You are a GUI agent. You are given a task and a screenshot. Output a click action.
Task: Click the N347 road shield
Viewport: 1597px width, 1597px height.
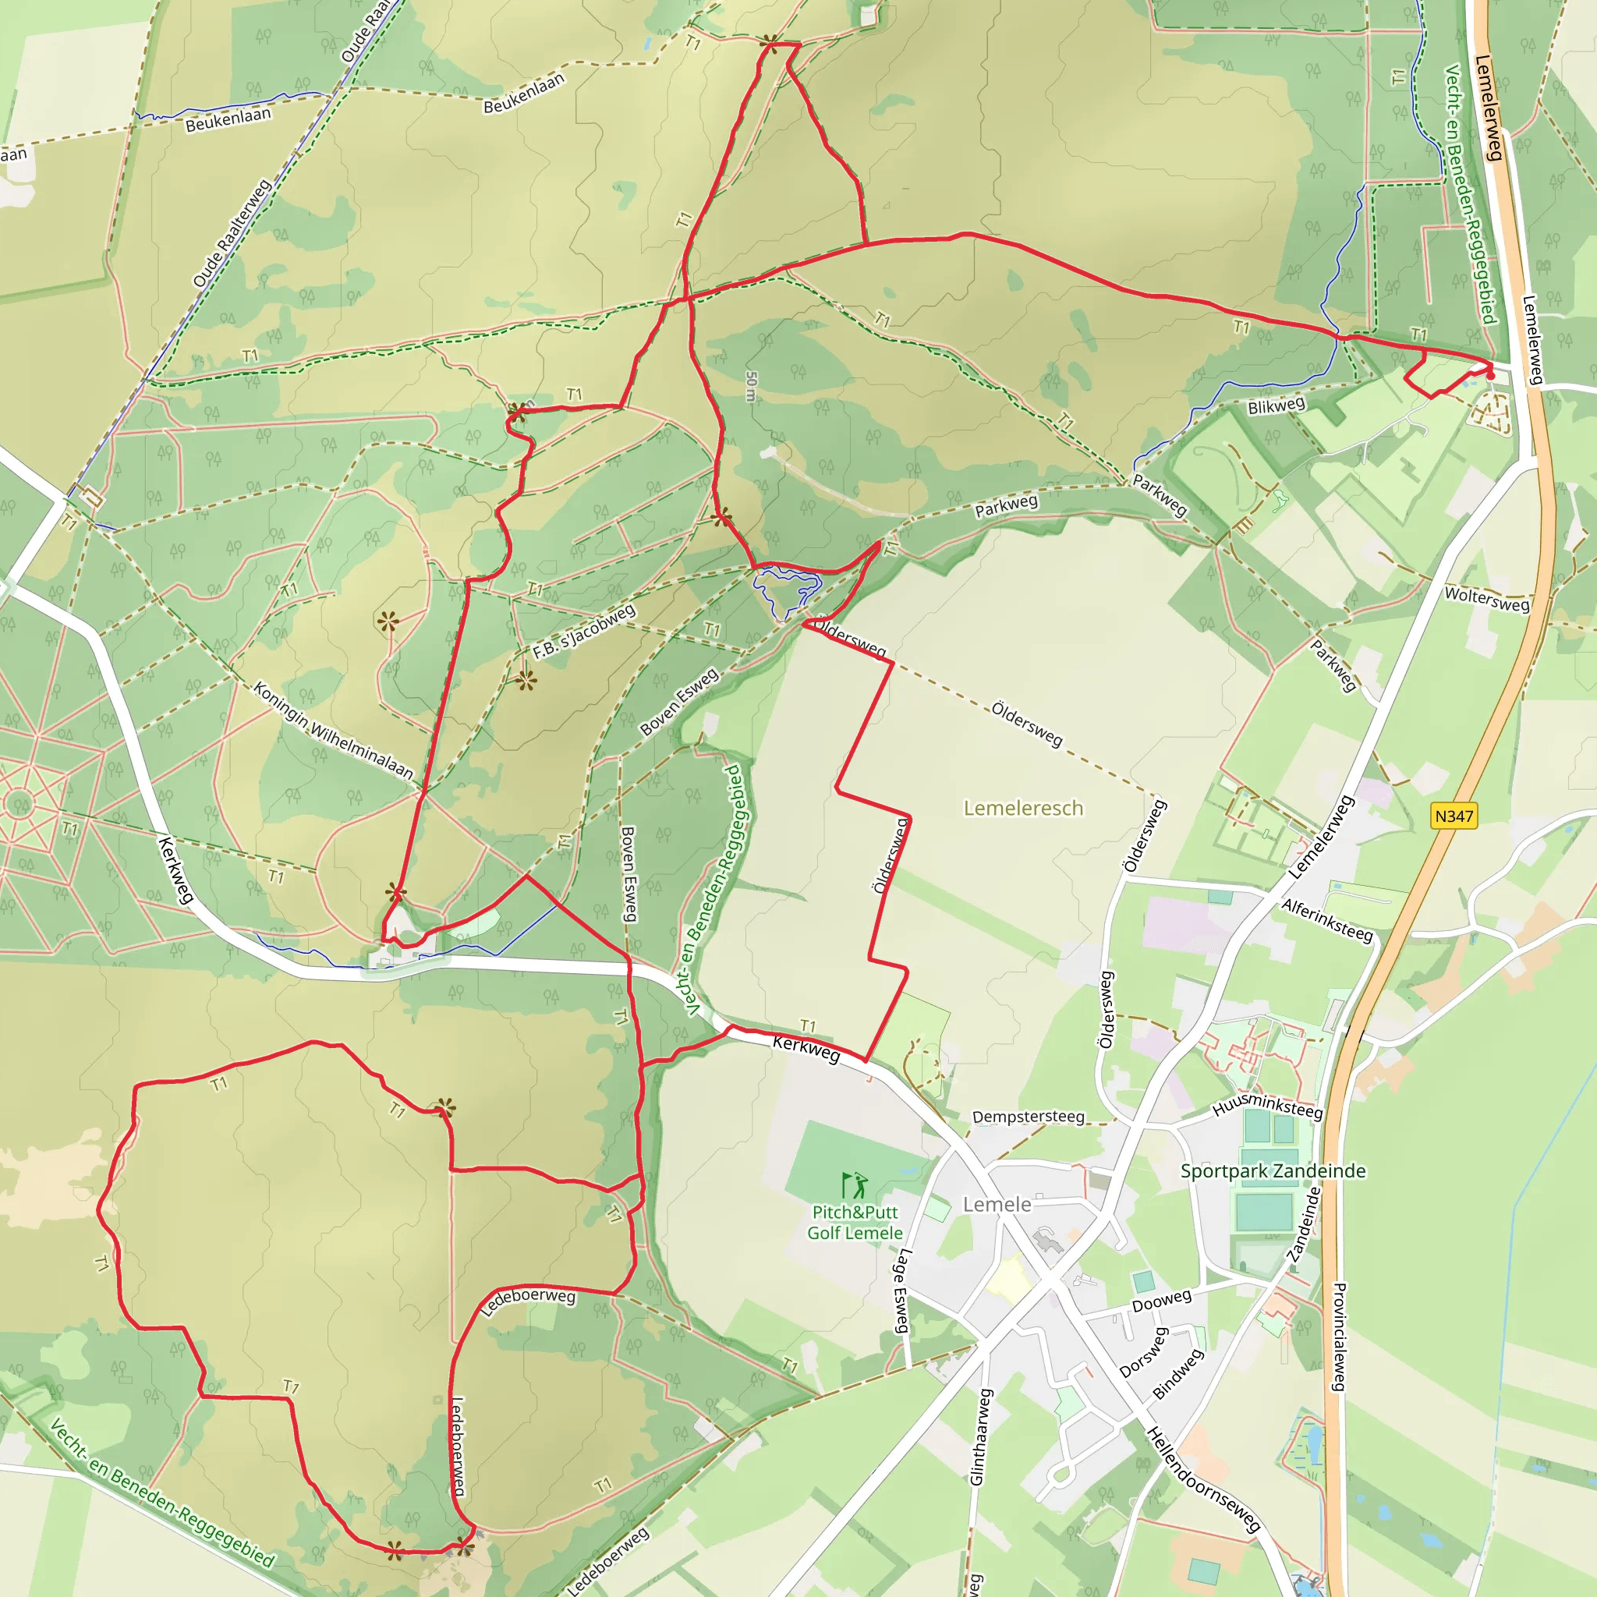(1454, 816)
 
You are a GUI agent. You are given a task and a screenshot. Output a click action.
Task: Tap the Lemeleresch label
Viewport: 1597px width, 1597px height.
(1023, 808)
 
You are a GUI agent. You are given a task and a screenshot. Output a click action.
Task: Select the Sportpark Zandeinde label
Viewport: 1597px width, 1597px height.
(1273, 1170)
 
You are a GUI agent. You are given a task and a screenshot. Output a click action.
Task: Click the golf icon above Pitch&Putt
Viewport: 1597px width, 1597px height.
(854, 1185)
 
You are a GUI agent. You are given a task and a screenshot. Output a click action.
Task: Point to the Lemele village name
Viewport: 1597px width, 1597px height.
(997, 1204)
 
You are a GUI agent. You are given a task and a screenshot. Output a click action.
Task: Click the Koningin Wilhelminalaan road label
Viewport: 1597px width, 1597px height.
(333, 730)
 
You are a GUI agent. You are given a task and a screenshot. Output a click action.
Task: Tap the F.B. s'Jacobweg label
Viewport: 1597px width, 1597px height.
(584, 632)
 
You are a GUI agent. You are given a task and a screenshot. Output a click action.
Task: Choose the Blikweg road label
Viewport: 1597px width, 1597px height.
(1277, 405)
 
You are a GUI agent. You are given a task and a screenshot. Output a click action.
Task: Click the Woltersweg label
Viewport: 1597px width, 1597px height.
(1487, 598)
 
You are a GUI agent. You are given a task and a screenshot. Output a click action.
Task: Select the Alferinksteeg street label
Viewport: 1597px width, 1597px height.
(1327, 920)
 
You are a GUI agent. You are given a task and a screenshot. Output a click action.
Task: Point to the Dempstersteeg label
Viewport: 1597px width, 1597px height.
(1029, 1117)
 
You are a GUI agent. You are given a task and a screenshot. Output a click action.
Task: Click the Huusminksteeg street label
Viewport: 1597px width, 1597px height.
(1267, 1105)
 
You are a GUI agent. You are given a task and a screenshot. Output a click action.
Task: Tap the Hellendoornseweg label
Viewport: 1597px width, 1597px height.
(1202, 1479)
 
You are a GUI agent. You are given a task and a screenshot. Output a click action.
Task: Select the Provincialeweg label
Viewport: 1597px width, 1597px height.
(1340, 1337)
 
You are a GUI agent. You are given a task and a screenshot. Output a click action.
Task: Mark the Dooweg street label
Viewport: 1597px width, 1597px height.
(1161, 1301)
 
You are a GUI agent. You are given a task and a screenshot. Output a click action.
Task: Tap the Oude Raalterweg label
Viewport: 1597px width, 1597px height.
(232, 234)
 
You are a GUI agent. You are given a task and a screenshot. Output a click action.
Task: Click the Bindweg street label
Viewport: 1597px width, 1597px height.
(1178, 1374)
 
